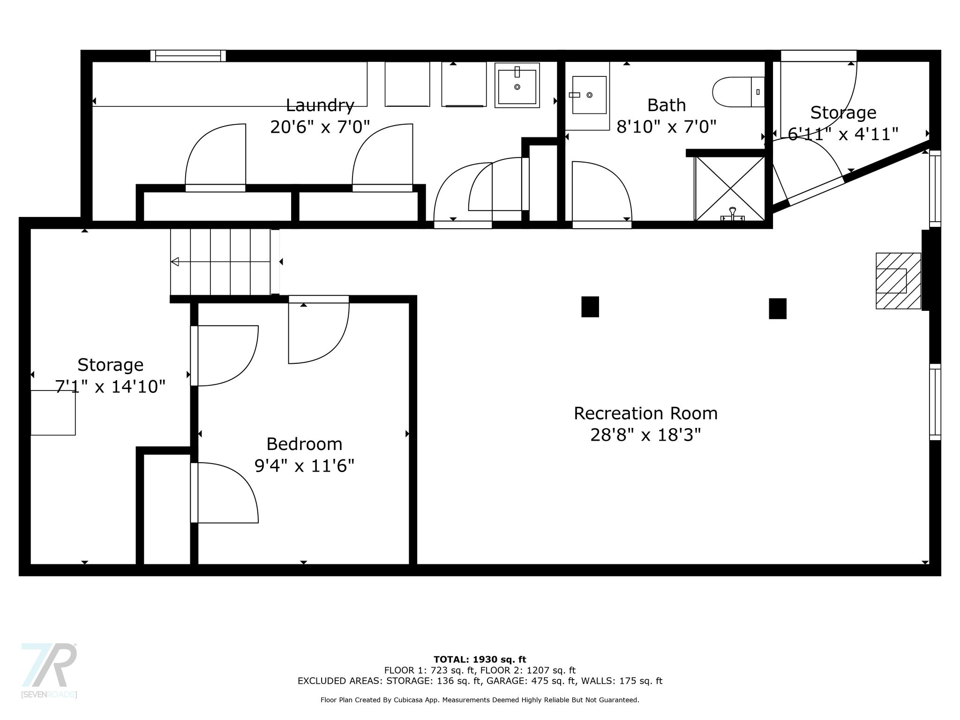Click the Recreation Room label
click(645, 413)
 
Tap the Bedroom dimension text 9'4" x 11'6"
click(304, 466)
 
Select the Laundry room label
click(320, 105)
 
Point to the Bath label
click(667, 105)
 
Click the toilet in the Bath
click(738, 92)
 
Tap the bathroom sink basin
click(589, 95)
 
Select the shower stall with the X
click(730, 188)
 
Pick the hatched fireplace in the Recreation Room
click(898, 281)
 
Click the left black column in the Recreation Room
click(590, 307)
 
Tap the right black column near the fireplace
click(778, 308)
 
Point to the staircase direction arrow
click(220, 262)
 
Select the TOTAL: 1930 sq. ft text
click(480, 660)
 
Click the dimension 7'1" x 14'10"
click(110, 387)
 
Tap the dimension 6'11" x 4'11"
click(843, 135)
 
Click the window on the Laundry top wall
click(188, 56)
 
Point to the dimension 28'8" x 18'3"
click(645, 435)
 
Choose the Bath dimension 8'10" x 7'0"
click(667, 127)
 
